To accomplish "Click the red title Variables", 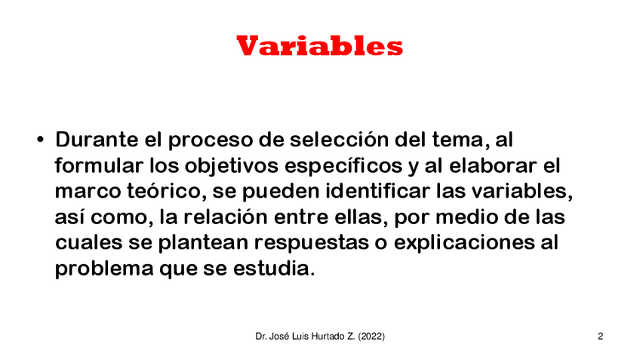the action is [319, 46].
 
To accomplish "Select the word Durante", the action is [97, 140].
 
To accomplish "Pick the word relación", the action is [226, 217].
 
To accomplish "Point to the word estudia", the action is [274, 269].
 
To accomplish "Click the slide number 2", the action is [601, 337].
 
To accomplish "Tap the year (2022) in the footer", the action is [371, 337].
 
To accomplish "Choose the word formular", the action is [99, 165].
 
